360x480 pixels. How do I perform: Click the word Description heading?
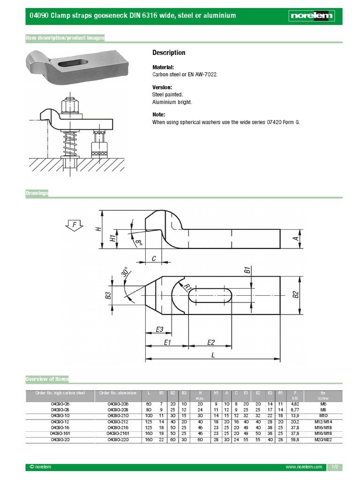169,52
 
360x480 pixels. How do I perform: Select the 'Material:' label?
163,67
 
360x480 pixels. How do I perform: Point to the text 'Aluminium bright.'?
172,102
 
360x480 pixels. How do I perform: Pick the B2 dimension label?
295,295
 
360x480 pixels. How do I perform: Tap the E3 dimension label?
159,330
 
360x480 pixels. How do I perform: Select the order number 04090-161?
60,434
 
